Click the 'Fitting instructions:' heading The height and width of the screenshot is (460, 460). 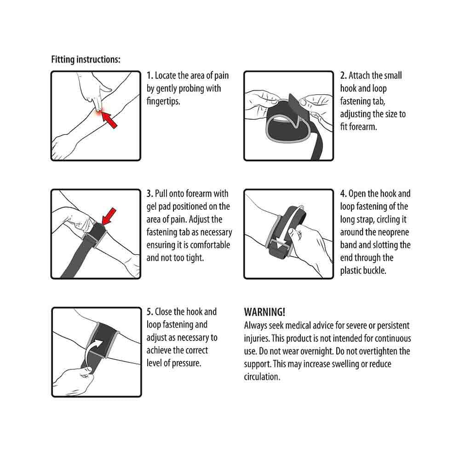(x=86, y=59)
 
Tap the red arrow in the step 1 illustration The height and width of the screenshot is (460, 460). (x=109, y=120)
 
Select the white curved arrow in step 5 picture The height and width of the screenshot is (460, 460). (x=92, y=352)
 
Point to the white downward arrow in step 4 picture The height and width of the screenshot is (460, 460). (x=293, y=226)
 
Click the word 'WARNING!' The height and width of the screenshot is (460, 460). (x=264, y=312)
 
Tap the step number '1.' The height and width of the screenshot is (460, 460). (x=150, y=76)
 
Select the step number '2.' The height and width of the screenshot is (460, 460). (x=344, y=76)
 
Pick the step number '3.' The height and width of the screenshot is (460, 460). (x=150, y=194)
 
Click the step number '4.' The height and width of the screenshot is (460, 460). (x=344, y=194)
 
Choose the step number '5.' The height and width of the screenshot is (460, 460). (x=150, y=312)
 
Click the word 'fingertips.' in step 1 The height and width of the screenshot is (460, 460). (x=163, y=102)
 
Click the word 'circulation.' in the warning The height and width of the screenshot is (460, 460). (x=262, y=377)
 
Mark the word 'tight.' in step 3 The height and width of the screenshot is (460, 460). (x=195, y=258)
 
